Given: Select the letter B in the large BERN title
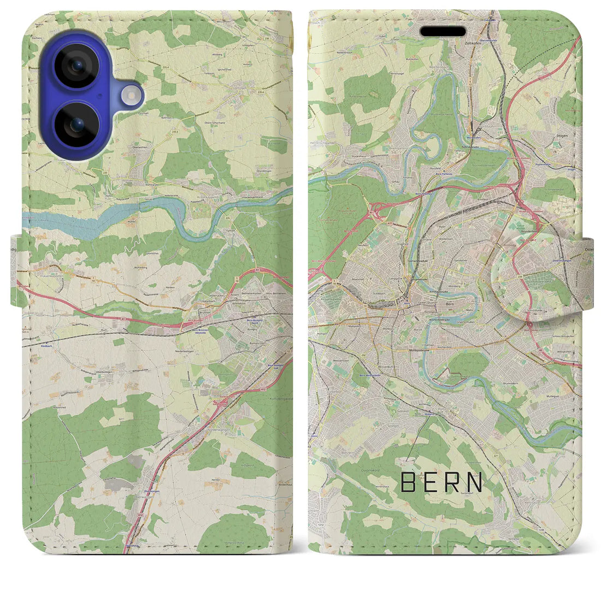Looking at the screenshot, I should point(408,482).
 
